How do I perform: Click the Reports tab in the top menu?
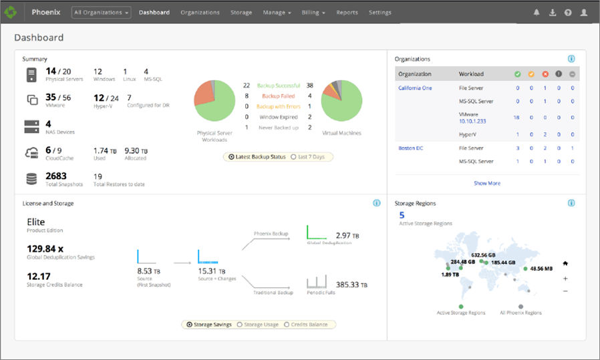(347, 13)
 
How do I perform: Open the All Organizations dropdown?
(102, 13)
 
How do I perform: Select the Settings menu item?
(380, 13)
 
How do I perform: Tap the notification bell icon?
(537, 13)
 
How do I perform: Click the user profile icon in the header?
(584, 13)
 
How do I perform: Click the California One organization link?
(415, 88)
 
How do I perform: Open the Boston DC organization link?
(410, 148)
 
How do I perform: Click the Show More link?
(486, 183)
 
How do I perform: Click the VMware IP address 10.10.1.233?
(473, 122)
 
